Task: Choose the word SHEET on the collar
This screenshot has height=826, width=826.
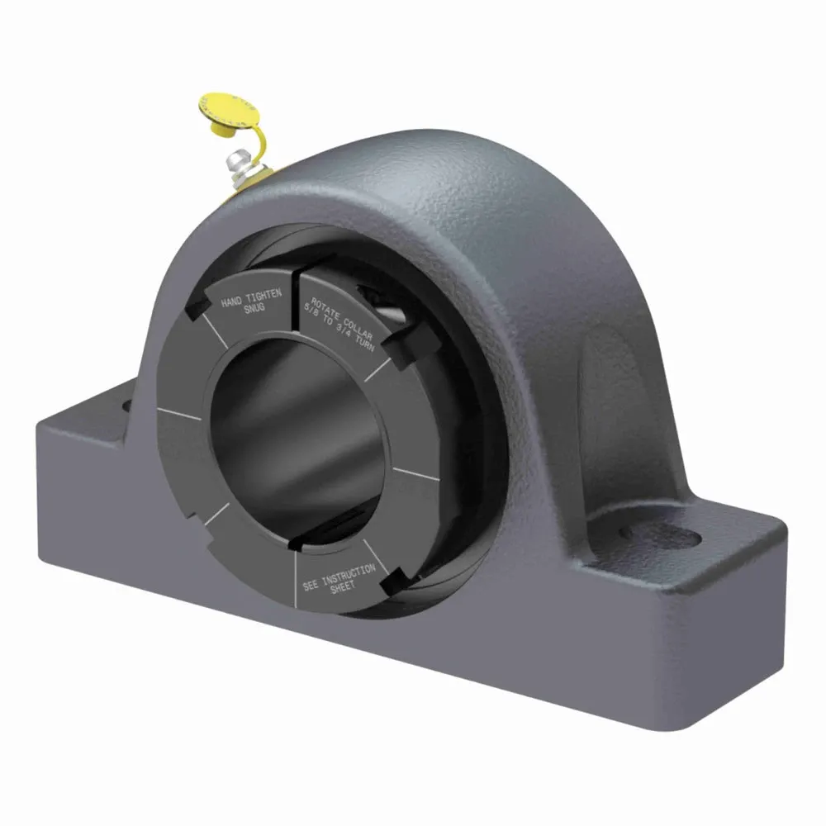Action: tap(340, 586)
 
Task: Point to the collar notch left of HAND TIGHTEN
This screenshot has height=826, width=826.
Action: tap(197, 308)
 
